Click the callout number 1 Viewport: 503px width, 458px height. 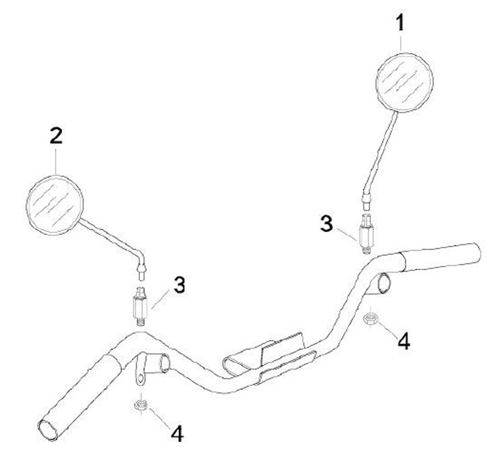(400, 24)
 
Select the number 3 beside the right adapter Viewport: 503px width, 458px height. (325, 223)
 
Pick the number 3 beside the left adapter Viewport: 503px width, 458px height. (180, 286)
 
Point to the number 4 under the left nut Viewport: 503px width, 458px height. (178, 434)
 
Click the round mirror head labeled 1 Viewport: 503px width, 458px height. (404, 82)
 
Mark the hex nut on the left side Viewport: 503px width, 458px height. (140, 404)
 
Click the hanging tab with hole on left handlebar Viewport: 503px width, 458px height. (140, 377)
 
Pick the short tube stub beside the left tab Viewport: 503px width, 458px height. (163, 362)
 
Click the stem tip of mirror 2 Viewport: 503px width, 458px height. (143, 266)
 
